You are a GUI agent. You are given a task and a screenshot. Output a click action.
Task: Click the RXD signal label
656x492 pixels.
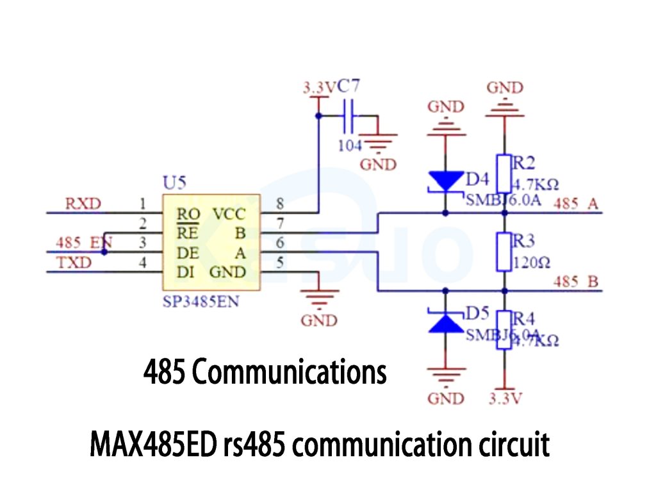pyautogui.click(x=83, y=204)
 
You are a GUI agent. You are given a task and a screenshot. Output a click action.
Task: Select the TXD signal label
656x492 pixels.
pyautogui.click(x=74, y=263)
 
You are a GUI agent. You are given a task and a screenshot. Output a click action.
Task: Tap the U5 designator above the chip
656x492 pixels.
pyautogui.click(x=174, y=184)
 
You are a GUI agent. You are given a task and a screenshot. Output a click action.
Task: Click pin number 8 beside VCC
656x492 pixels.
pyautogui.click(x=279, y=204)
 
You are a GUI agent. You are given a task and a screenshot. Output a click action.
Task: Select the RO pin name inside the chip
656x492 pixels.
pyautogui.click(x=189, y=214)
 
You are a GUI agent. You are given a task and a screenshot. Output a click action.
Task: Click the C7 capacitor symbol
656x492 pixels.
pyautogui.click(x=349, y=116)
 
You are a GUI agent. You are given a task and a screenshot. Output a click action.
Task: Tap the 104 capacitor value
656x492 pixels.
pyautogui.click(x=350, y=145)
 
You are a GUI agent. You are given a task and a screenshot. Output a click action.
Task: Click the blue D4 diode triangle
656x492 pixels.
pyautogui.click(x=445, y=182)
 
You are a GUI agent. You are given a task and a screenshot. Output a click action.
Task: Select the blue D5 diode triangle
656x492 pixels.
pyautogui.click(x=445, y=322)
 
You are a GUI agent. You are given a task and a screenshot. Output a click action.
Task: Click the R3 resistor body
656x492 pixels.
pyautogui.click(x=504, y=251)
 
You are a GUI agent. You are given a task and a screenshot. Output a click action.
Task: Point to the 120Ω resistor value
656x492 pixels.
pyautogui.click(x=532, y=263)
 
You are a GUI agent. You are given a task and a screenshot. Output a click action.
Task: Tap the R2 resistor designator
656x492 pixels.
pyautogui.click(x=524, y=161)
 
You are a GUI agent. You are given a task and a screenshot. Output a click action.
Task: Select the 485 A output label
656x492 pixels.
pyautogui.click(x=575, y=204)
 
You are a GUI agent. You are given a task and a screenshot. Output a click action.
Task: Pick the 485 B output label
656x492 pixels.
pyautogui.click(x=575, y=282)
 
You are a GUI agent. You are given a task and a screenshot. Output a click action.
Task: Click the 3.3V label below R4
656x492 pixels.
pyautogui.click(x=505, y=398)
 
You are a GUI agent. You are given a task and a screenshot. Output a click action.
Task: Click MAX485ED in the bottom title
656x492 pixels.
pyautogui.click(x=153, y=444)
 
